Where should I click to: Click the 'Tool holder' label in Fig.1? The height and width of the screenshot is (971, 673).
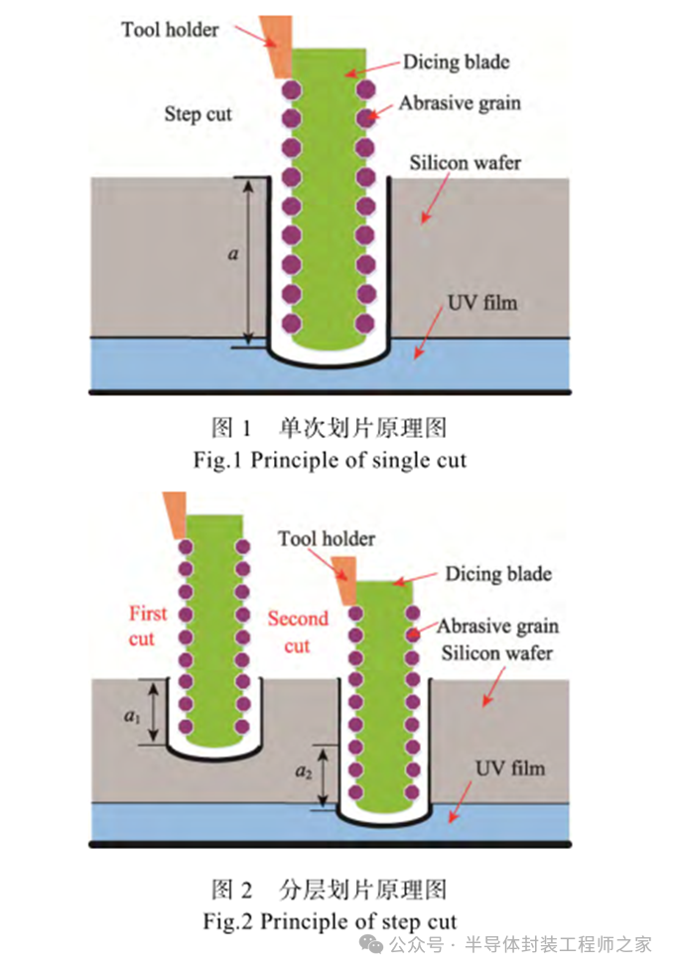click(170, 29)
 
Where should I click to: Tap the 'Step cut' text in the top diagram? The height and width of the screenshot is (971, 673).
click(198, 114)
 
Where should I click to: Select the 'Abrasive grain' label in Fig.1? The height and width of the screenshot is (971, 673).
click(460, 102)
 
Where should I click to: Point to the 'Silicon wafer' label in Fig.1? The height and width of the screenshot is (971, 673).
click(465, 162)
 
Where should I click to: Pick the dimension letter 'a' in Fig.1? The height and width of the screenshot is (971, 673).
click(233, 254)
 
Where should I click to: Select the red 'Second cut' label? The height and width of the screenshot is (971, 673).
click(298, 632)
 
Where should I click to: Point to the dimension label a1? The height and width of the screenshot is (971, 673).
click(133, 715)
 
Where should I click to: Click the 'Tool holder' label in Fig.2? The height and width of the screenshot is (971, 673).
click(327, 539)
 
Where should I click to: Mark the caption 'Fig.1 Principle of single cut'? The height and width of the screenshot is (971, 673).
click(330, 460)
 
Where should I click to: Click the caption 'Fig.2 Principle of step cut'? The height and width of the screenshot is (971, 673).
click(330, 920)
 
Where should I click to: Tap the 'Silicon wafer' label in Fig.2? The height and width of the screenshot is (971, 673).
click(496, 653)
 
